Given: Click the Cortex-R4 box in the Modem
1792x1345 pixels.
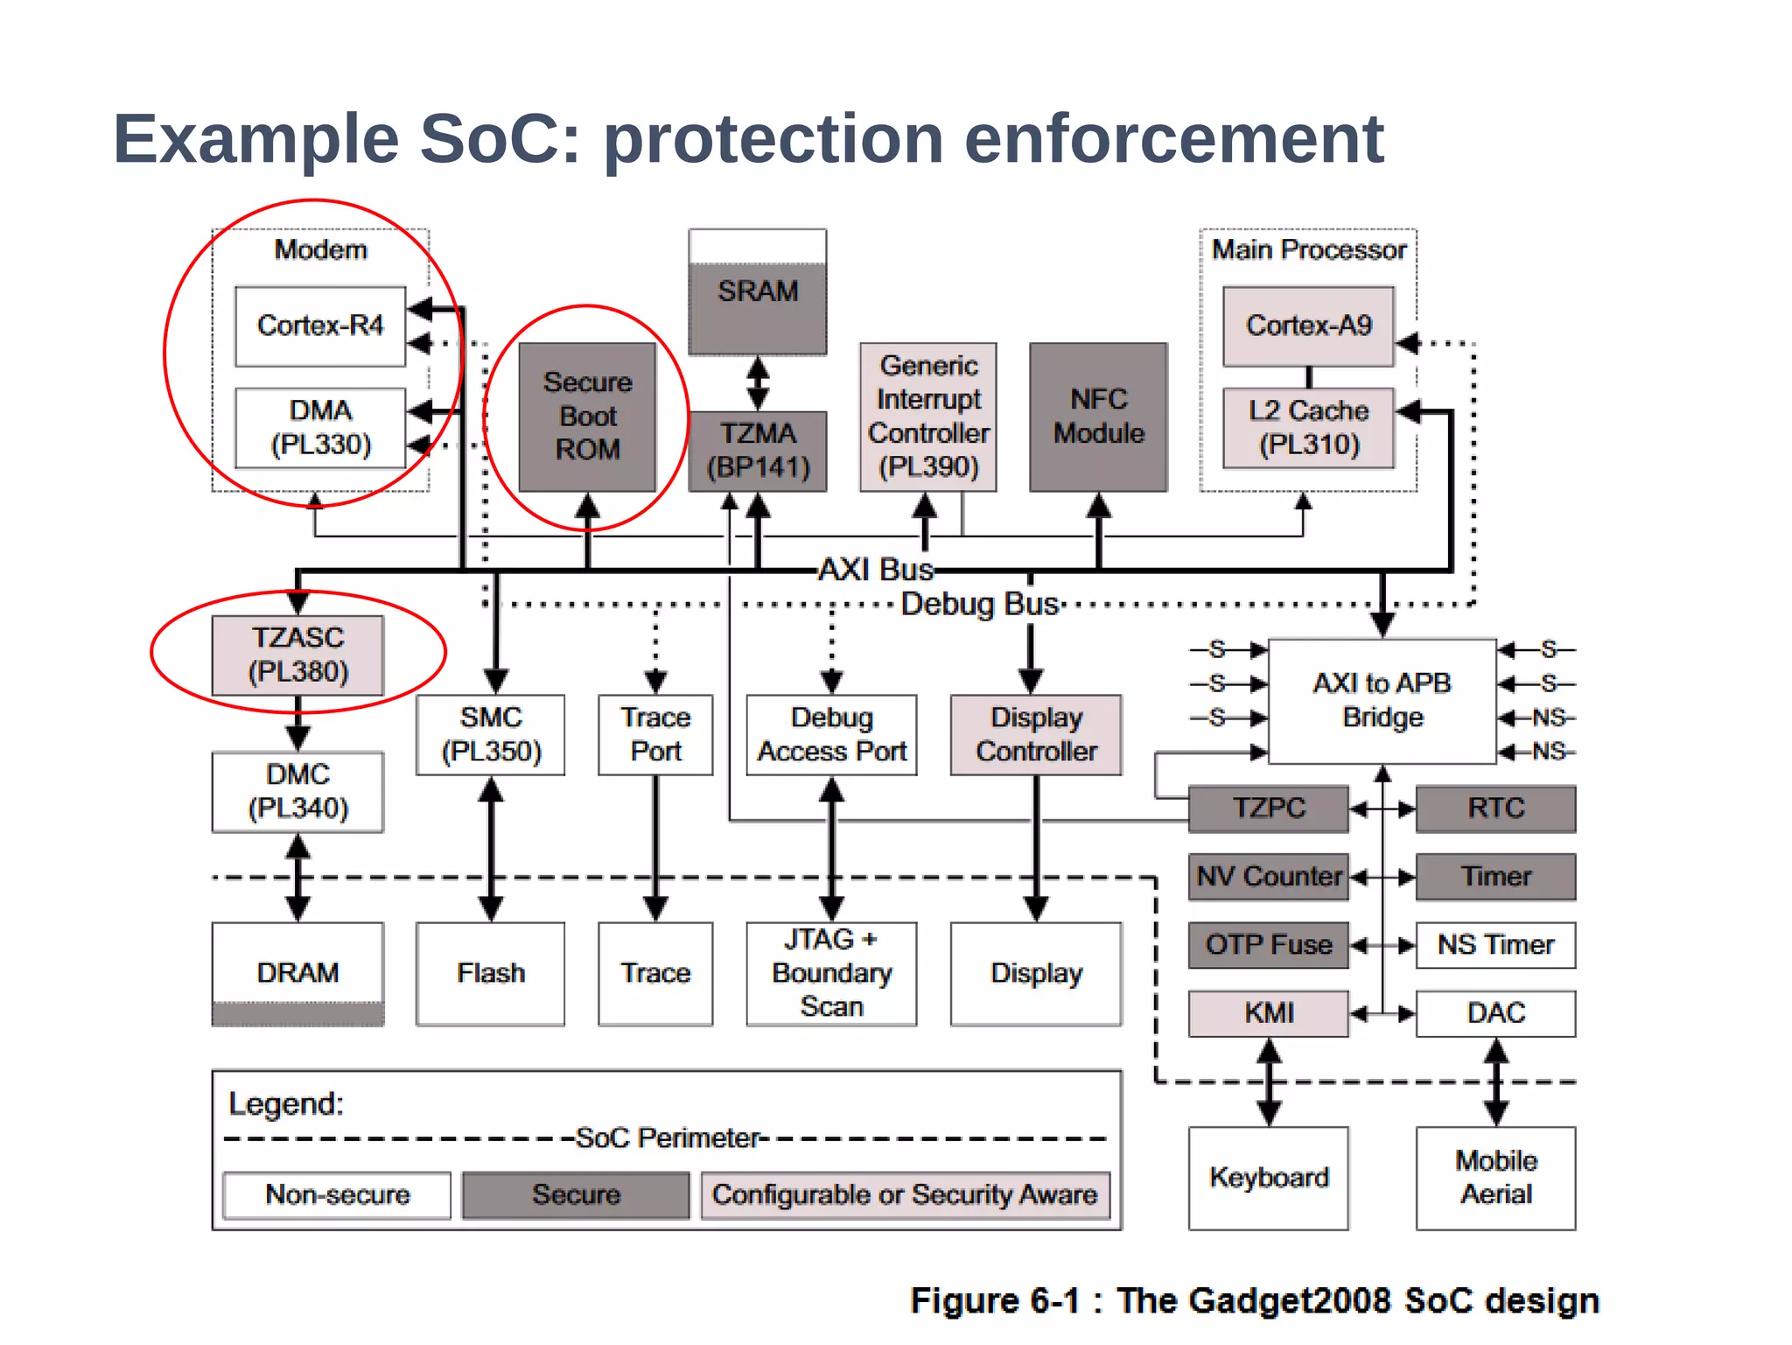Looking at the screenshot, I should click(320, 326).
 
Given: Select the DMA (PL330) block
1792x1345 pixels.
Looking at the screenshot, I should click(320, 428).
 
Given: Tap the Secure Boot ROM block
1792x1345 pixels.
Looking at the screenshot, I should click(587, 417).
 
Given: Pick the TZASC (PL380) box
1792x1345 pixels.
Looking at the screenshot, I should click(297, 655).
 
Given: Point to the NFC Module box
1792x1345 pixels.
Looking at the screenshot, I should click(1098, 417).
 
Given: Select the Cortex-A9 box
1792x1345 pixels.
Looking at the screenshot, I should click(1308, 326).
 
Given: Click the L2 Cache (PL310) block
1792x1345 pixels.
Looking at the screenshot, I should click(1308, 428).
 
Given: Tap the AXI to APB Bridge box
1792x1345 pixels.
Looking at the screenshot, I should click(1382, 701).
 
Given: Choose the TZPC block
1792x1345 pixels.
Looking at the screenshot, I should click(1268, 808).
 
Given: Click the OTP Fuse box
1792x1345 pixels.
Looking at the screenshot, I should click(1268, 945).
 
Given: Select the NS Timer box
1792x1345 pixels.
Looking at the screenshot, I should click(1495, 945).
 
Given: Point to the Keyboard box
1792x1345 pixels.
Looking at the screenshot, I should click(1268, 1178).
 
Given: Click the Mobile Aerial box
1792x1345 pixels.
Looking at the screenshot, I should click(1495, 1178).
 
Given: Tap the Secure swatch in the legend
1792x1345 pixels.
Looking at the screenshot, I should click(576, 1195).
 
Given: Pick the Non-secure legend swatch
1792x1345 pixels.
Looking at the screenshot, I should click(337, 1195).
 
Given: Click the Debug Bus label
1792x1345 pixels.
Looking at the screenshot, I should click(980, 605).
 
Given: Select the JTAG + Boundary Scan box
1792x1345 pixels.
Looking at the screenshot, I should click(831, 973).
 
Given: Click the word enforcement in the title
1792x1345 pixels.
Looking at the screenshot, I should click(1173, 139).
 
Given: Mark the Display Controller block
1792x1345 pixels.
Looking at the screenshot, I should click(1036, 735).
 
